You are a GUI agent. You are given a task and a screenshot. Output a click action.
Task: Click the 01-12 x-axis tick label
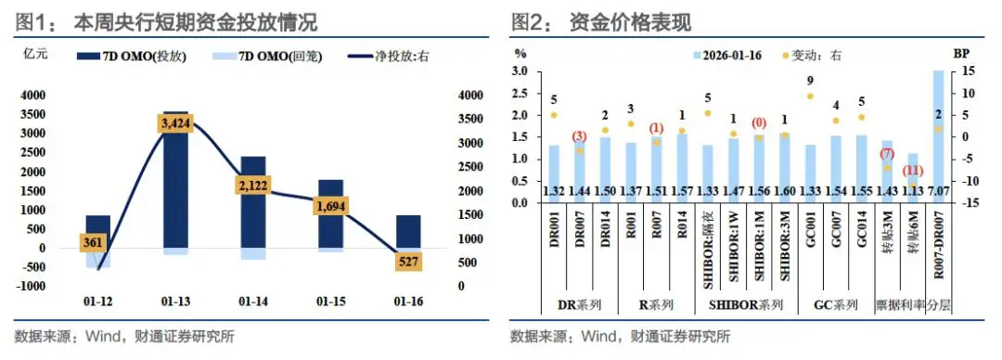pyautogui.click(x=98, y=302)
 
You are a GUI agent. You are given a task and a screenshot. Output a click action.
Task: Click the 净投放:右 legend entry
pyautogui.click(x=389, y=57)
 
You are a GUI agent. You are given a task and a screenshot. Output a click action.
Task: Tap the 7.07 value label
pyautogui.click(x=938, y=190)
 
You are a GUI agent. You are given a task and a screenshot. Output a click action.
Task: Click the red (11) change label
pyautogui.click(x=914, y=171)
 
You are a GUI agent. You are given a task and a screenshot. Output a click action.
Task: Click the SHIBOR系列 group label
pyautogui.click(x=746, y=304)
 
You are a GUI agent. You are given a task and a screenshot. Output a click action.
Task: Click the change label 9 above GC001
pyautogui.click(x=810, y=81)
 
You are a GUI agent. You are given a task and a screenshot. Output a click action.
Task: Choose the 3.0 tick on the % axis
pyautogui.click(x=520, y=71)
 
